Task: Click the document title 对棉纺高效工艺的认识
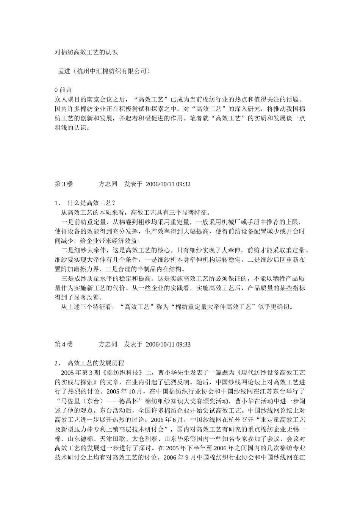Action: pyautogui.click(x=86, y=53)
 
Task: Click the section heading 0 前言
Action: pyautogui.click(x=63, y=90)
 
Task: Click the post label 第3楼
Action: pyautogui.click(x=64, y=184)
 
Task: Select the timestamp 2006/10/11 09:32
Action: pyautogui.click(x=168, y=184)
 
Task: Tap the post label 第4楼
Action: pyautogui.click(x=64, y=344)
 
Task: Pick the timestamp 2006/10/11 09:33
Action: pyautogui.click(x=168, y=344)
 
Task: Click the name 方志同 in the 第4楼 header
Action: pyautogui.click(x=108, y=344)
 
